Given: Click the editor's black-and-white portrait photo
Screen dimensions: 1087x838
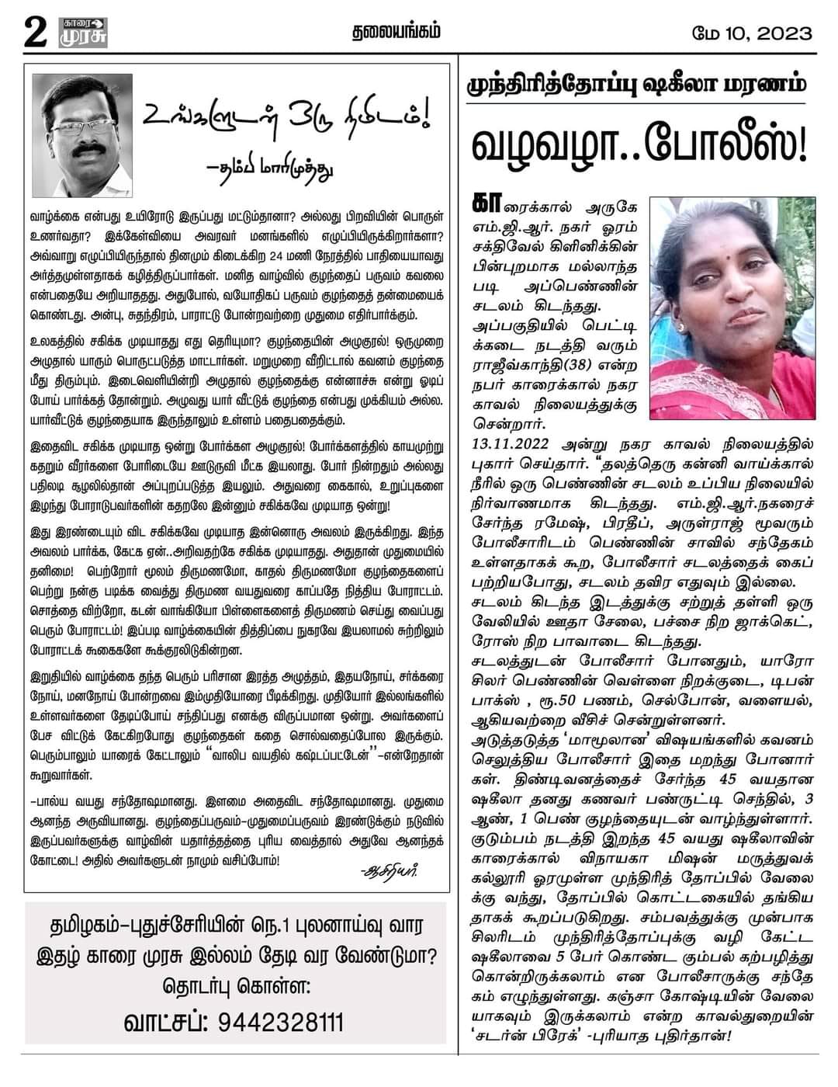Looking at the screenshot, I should point(82,136).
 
